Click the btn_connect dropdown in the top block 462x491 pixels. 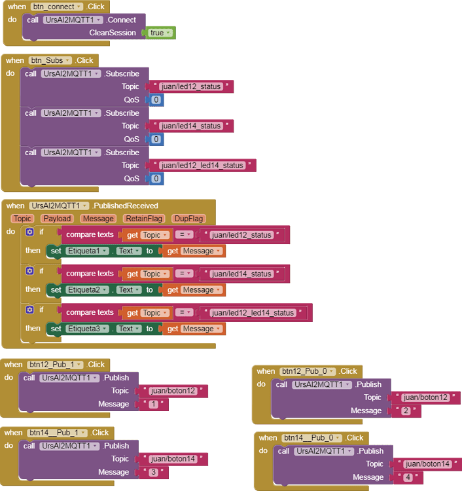click(57, 7)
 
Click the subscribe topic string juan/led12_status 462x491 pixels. click(190, 86)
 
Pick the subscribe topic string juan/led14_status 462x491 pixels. click(190, 126)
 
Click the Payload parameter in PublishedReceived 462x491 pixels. click(57, 219)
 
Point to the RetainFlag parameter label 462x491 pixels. click(143, 219)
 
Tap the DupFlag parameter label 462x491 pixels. click(187, 219)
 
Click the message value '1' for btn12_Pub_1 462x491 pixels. click(153, 405)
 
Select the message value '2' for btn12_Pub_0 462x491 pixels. click(406, 411)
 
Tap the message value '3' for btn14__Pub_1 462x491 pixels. click(153, 473)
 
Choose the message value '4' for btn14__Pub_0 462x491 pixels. click(408, 478)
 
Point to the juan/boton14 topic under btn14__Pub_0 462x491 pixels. click(427, 464)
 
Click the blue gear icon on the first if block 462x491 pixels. click(29, 232)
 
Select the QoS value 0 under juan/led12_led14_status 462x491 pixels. click(156, 179)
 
